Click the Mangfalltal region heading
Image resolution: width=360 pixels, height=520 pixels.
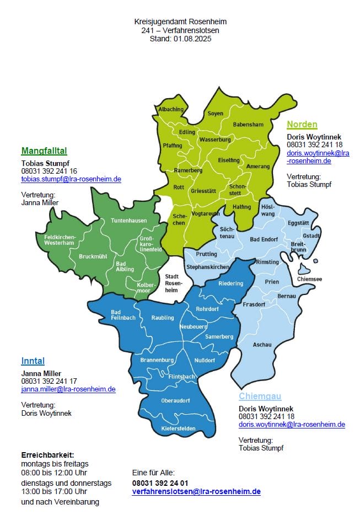tap(44, 151)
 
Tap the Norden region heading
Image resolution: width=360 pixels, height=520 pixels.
tap(302, 124)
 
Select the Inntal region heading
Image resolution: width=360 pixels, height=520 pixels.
tap(33, 361)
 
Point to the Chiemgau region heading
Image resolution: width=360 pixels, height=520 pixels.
tap(260, 396)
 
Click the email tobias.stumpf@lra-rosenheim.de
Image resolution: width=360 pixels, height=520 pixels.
tap(71, 179)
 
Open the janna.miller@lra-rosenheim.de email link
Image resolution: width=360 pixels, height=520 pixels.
tap(68, 389)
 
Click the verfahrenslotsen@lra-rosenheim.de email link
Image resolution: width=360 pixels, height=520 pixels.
tap(196, 491)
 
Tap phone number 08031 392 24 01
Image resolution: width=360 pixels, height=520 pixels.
tap(160, 483)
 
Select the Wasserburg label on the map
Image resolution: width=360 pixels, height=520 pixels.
tap(214, 140)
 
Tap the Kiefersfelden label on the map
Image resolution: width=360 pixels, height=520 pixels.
tap(179, 428)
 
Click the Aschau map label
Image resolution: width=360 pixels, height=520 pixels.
tap(262, 345)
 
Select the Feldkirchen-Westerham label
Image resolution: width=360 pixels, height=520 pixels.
tap(60, 240)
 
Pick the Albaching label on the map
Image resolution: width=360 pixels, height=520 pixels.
tap(171, 110)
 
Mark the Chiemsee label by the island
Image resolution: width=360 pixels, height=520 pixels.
tap(309, 279)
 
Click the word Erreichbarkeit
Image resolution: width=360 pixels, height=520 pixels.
tap(47, 455)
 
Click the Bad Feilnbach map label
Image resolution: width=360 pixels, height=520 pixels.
tap(123, 315)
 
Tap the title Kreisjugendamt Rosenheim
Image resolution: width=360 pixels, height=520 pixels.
tap(180, 22)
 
